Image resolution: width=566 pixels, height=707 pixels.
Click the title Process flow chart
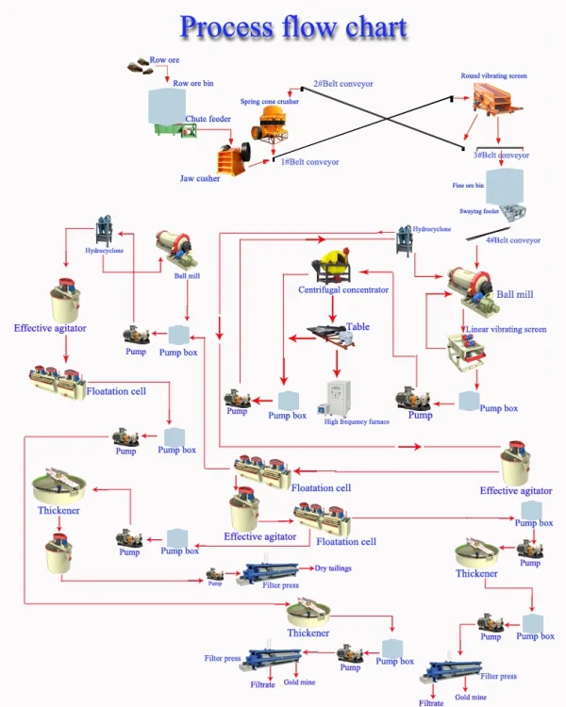pyautogui.click(x=293, y=26)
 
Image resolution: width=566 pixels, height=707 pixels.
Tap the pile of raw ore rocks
pyautogui.click(x=139, y=66)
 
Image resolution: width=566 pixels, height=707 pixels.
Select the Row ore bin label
pyautogui.click(x=193, y=83)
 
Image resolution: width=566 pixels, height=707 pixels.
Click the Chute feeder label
pyautogui.click(x=208, y=119)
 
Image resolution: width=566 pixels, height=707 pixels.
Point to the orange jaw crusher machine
pyautogui.click(x=233, y=157)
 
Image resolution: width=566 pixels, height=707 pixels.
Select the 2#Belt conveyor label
pyautogui.click(x=343, y=83)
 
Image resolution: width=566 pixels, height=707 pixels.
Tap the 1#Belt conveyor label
pyautogui.click(x=309, y=162)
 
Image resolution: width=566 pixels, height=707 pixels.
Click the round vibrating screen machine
pyautogui.click(x=496, y=98)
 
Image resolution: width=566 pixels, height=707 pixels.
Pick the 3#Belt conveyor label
pyautogui.click(x=501, y=156)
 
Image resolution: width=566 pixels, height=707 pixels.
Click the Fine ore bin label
pyautogui.click(x=468, y=186)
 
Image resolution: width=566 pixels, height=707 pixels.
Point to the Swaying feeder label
pyautogui.click(x=479, y=211)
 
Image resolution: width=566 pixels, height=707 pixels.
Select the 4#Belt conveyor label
pyautogui.click(x=513, y=240)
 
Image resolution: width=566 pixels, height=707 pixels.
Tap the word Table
pyautogui.click(x=358, y=326)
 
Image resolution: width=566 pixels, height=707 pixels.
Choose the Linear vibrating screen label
pyautogui.click(x=506, y=329)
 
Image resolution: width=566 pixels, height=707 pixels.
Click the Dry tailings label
pyautogui.click(x=333, y=568)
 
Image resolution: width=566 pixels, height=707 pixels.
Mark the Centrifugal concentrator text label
pyautogui.click(x=343, y=289)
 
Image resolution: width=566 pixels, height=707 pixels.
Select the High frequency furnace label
pyautogui.click(x=357, y=421)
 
